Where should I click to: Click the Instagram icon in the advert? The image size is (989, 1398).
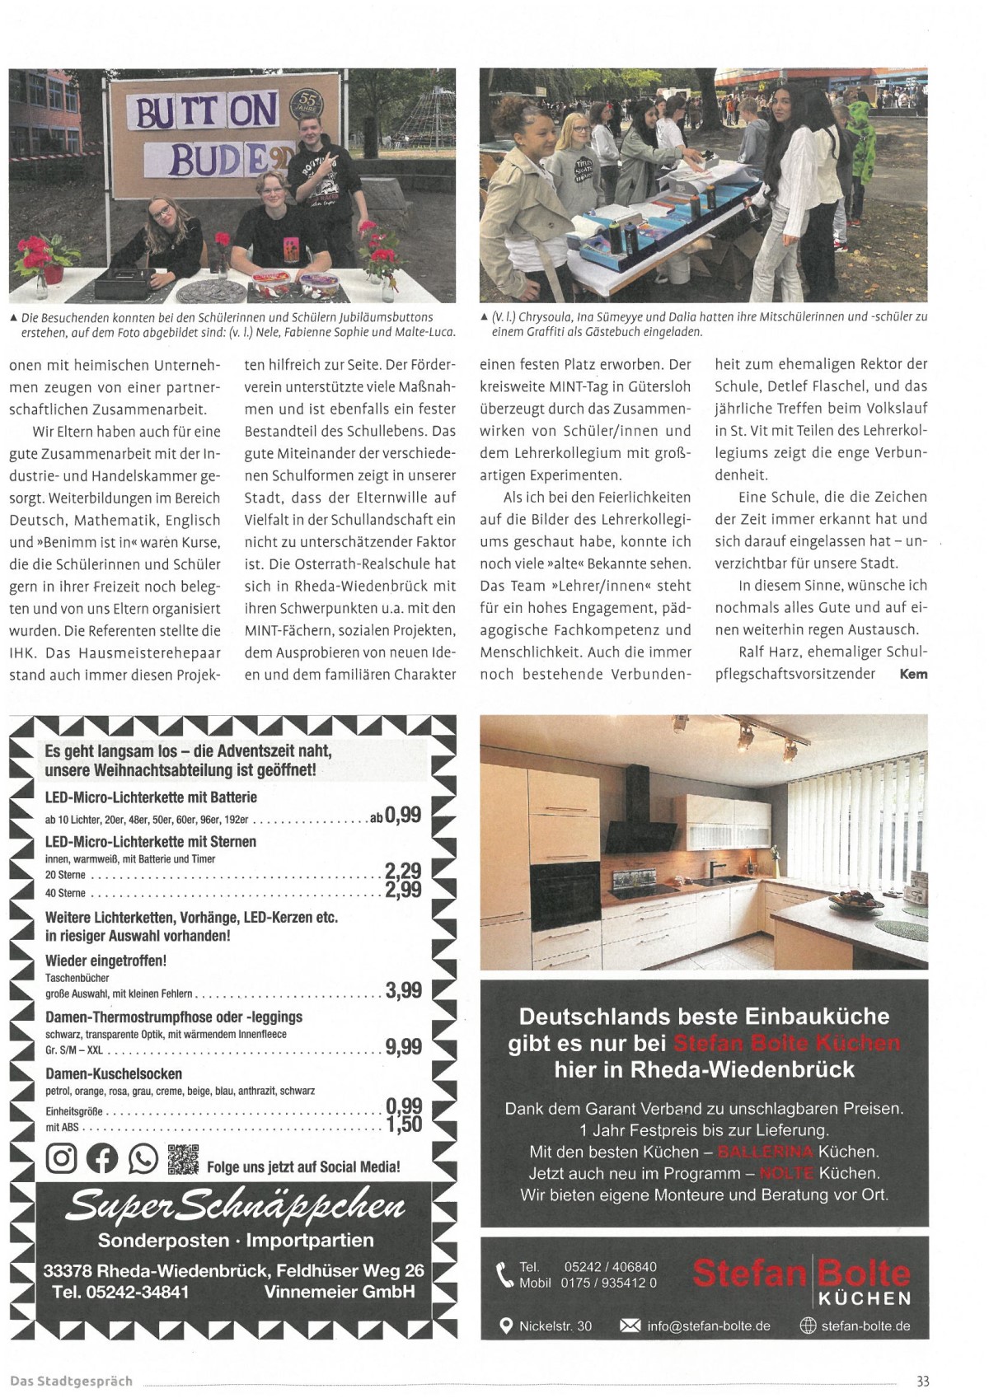[x=61, y=1158]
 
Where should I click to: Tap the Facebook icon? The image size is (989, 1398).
[x=102, y=1158]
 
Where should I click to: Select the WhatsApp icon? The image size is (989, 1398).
[x=143, y=1158]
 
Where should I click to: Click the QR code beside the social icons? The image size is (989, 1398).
[x=183, y=1158]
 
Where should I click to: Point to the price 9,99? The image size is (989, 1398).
[x=403, y=1046]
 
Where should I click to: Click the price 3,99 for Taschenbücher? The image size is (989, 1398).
[x=403, y=989]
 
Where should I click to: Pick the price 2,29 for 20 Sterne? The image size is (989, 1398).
[x=403, y=871]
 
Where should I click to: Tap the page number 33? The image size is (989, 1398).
[x=922, y=1381]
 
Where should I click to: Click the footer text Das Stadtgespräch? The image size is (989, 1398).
[x=71, y=1381]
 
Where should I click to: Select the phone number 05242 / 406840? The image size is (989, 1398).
[x=610, y=1266]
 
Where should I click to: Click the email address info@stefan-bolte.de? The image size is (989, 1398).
[x=708, y=1326]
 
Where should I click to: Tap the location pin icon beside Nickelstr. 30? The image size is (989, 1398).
[x=506, y=1326]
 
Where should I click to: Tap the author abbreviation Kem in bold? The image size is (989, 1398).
[x=913, y=674]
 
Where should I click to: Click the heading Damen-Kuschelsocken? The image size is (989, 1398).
[x=114, y=1073]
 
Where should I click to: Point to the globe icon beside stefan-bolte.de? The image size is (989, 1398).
[x=808, y=1326]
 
